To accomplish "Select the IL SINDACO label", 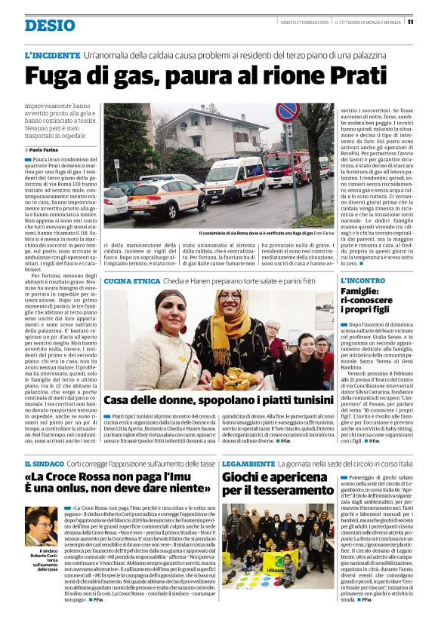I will tap(45, 462).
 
